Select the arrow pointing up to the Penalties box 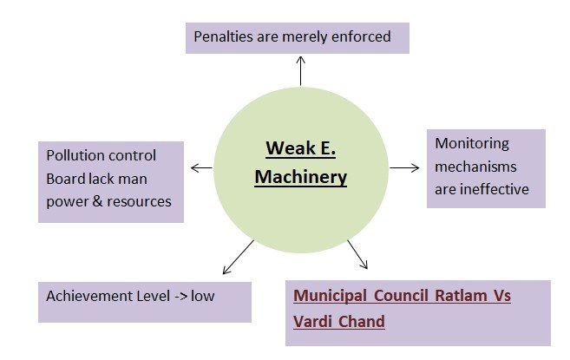coord(300,69)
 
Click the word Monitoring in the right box coord(472,144)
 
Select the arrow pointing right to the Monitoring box coord(405,167)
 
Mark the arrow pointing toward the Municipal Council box coord(357,254)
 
